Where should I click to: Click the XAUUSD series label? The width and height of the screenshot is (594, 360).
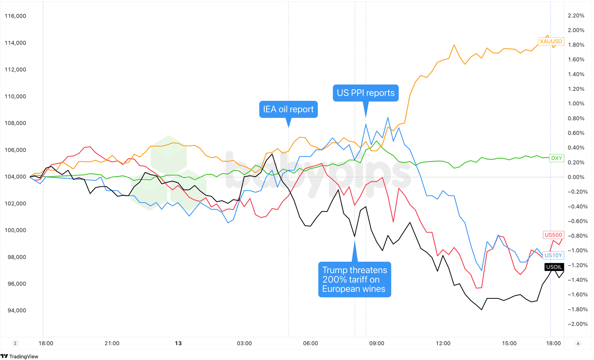pyautogui.click(x=551, y=41)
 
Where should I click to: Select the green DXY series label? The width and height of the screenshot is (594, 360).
pyautogui.click(x=556, y=158)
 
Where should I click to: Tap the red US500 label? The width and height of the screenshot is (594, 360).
pyautogui.click(x=553, y=235)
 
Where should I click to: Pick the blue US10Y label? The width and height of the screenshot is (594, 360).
pyautogui.click(x=553, y=255)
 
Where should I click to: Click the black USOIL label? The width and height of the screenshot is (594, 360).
pyautogui.click(x=554, y=267)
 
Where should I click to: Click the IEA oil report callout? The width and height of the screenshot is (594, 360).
pyautogui.click(x=288, y=109)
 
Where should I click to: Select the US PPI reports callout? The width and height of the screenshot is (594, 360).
pyautogui.click(x=365, y=93)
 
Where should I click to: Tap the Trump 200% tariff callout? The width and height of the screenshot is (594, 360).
pyautogui.click(x=354, y=279)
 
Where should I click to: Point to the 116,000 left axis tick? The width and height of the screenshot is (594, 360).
pyautogui.click(x=15, y=16)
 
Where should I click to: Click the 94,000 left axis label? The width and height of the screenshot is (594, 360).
pyautogui.click(x=17, y=310)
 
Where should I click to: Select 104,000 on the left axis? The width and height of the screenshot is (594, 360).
pyautogui.click(x=15, y=177)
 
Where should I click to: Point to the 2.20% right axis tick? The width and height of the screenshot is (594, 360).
pyautogui.click(x=576, y=16)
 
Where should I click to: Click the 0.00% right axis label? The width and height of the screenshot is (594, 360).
pyautogui.click(x=576, y=177)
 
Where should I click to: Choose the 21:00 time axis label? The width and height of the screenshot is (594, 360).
pyautogui.click(x=112, y=343)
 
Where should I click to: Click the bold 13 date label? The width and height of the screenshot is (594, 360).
pyautogui.click(x=178, y=343)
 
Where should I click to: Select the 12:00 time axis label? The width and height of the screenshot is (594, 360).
pyautogui.click(x=443, y=343)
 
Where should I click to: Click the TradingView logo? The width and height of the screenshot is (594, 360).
pyautogui.click(x=20, y=356)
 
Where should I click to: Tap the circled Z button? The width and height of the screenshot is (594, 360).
pyautogui.click(x=15, y=343)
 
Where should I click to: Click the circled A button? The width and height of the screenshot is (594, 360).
pyautogui.click(x=578, y=343)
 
